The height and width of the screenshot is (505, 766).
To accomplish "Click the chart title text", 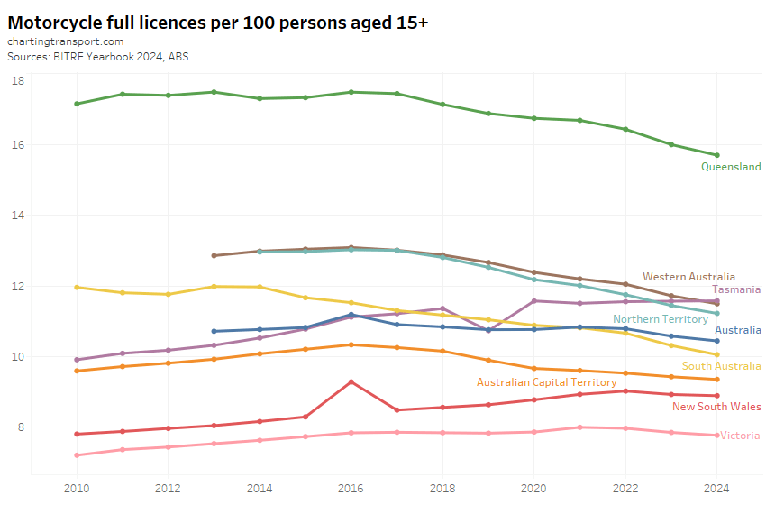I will pos(217,23).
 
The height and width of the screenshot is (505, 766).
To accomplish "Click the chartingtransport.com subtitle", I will pos(65,42).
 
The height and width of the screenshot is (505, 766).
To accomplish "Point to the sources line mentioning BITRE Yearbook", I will pos(97,56).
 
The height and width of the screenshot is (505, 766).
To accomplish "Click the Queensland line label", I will pos(731,167).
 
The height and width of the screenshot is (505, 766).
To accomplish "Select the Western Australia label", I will pos(688,277).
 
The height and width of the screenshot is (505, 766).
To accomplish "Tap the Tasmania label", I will pos(736,289).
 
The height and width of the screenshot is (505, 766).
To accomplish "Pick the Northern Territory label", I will pos(661,319).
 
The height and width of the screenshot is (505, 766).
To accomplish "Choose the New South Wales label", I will pos(716,407).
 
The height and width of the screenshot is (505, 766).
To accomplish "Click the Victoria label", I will pos(740,436).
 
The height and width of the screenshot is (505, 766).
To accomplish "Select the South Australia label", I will pos(721,366).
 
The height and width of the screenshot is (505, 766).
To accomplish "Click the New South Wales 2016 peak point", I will pos(351,381).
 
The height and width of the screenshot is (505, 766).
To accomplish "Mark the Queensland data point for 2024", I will pos(716,155).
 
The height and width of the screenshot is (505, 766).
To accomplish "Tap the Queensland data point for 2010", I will pos(77,104).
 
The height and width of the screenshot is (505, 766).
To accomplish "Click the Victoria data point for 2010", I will pos(77,455).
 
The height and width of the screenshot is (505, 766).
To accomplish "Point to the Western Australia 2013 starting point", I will pos(214,255).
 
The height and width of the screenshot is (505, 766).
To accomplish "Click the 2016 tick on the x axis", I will pos(351,488).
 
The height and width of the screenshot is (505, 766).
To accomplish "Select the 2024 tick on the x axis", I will pos(716,488).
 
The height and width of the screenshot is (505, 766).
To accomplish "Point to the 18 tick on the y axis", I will pos(18,81).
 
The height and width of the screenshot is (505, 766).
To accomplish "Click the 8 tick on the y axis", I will pos(20,427).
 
